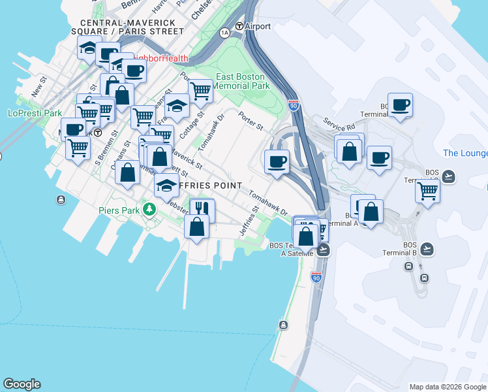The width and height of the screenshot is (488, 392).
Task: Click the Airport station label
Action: coord(258,27)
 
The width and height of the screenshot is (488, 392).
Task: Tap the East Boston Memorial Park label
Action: coord(241,81)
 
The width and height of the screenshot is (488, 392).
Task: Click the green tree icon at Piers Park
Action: coord(150,210)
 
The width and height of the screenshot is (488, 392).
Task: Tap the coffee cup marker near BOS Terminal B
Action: coord(400,105)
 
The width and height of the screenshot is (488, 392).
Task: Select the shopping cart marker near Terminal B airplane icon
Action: coord(427,191)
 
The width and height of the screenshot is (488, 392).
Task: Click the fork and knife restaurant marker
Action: coord(202,209)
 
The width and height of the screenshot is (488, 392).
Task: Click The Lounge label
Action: coord(465,153)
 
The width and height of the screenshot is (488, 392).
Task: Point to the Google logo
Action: coord(22,384)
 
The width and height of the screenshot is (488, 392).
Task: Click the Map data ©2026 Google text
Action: coord(447,386)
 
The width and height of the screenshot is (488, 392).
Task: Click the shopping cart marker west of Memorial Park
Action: coord(200,91)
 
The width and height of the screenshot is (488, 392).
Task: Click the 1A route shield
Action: coord(225,32)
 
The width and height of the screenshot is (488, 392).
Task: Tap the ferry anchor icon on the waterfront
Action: coord(283,325)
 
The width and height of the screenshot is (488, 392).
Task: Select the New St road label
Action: coord(40,88)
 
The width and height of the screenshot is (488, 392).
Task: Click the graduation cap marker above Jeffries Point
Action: coord(166,184)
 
